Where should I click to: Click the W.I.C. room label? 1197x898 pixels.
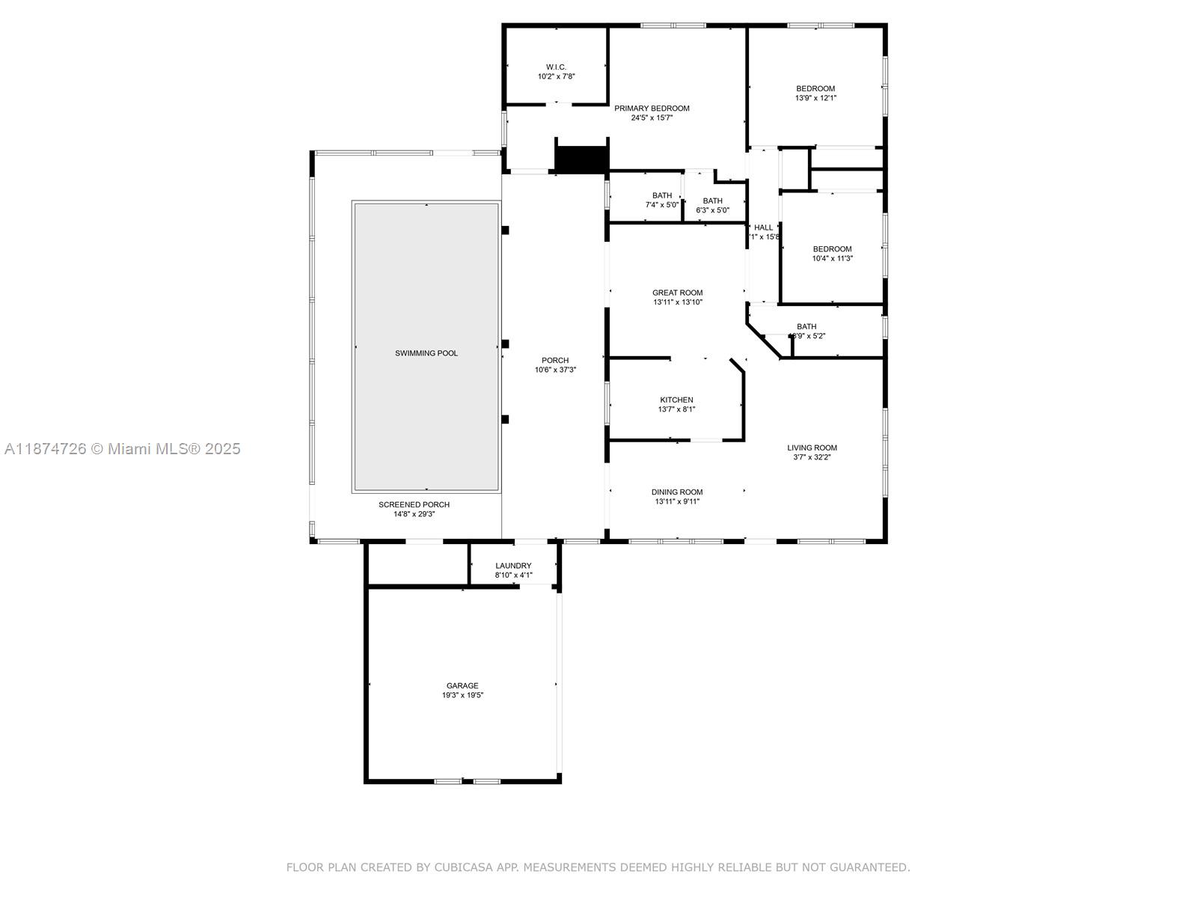(556, 67)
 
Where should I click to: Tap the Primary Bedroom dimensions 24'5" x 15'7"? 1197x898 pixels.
(652, 118)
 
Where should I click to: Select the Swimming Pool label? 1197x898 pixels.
(426, 353)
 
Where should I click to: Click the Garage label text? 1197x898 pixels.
(462, 685)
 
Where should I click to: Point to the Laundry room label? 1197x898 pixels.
(513, 566)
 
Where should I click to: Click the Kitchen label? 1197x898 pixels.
(676, 400)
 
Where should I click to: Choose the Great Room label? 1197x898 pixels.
(678, 293)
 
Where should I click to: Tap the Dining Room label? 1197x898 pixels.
(677, 492)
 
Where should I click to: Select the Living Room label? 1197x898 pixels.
(812, 448)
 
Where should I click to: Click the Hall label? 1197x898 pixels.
(763, 227)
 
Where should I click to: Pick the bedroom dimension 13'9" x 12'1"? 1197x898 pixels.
(815, 98)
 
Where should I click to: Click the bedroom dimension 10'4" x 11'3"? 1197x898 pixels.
(833, 259)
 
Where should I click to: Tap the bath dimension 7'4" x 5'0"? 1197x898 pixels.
(662, 205)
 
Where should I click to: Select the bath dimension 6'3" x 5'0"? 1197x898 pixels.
(712, 210)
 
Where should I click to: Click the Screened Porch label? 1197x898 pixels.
(414, 504)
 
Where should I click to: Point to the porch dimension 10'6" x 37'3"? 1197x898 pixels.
(555, 370)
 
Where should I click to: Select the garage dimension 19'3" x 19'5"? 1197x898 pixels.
(462, 695)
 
